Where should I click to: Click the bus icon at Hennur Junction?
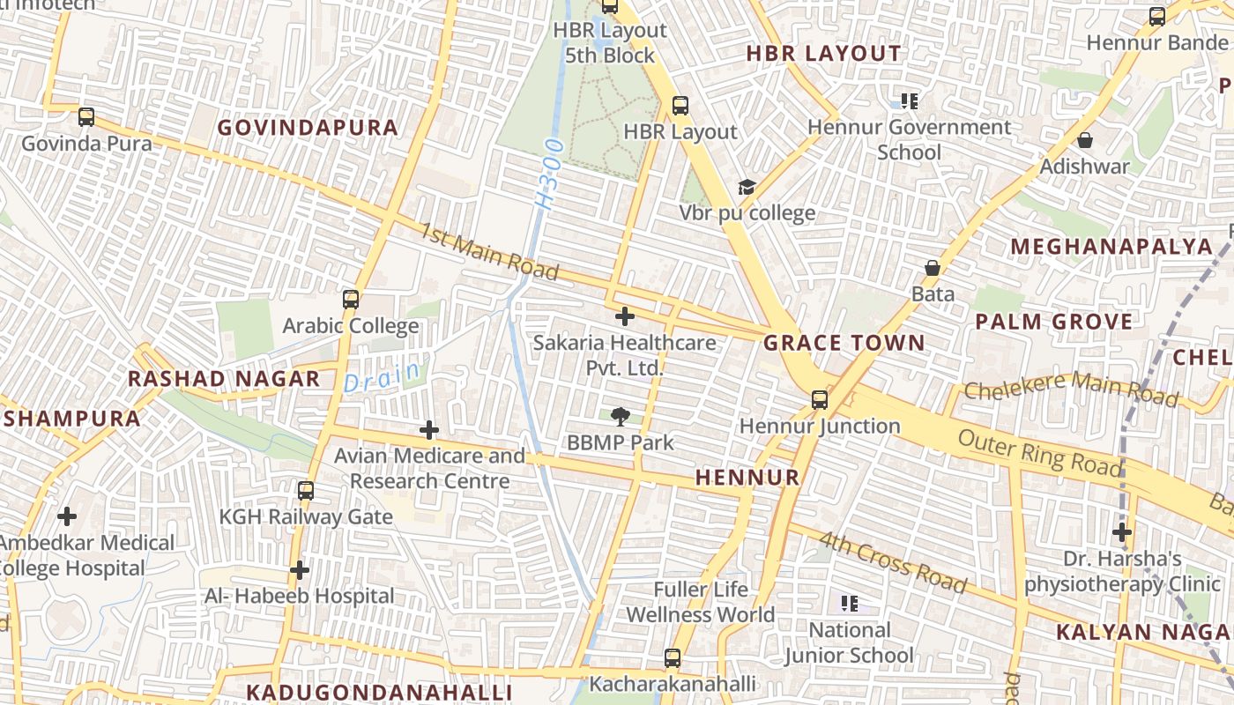point(820,400)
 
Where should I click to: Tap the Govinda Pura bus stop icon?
point(85,117)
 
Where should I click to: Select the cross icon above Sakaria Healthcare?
point(625,316)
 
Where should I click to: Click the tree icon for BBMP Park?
point(621,417)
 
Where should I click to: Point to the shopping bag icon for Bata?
point(933,268)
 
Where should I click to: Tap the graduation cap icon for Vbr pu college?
point(747,187)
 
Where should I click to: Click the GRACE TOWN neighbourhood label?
point(844,344)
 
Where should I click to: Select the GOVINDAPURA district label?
point(308,128)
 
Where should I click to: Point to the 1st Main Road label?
point(489,251)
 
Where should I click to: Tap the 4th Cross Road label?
point(892,562)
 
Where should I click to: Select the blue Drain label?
point(383,377)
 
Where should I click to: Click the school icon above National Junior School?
point(849,604)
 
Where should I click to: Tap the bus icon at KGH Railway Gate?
point(306,491)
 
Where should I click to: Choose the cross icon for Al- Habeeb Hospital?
point(300,571)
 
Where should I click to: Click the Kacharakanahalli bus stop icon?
point(672,658)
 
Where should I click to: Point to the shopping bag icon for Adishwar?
point(1085,140)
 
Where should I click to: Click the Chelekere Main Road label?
point(1071,390)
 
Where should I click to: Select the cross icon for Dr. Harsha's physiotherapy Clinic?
point(1121,532)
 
